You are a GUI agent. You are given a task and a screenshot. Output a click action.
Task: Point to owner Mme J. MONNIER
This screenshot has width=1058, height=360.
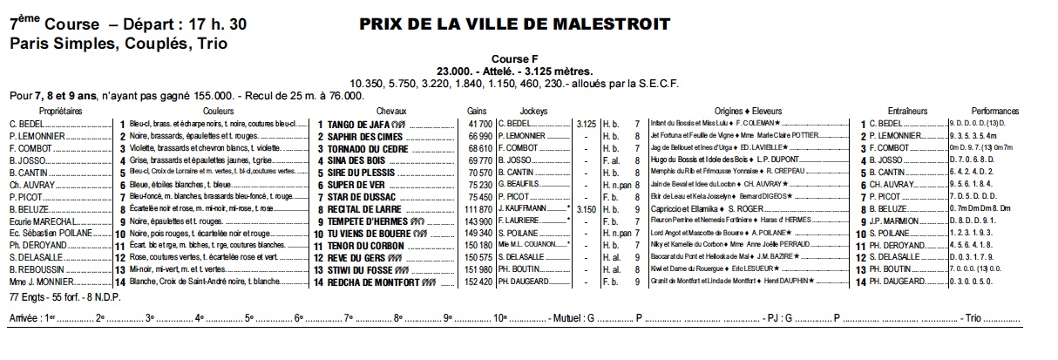coord(40,282)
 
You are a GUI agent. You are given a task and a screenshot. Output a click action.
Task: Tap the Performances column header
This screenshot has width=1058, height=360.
coord(995,112)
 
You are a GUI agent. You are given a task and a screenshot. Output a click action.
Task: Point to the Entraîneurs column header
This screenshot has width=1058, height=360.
coord(903,112)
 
